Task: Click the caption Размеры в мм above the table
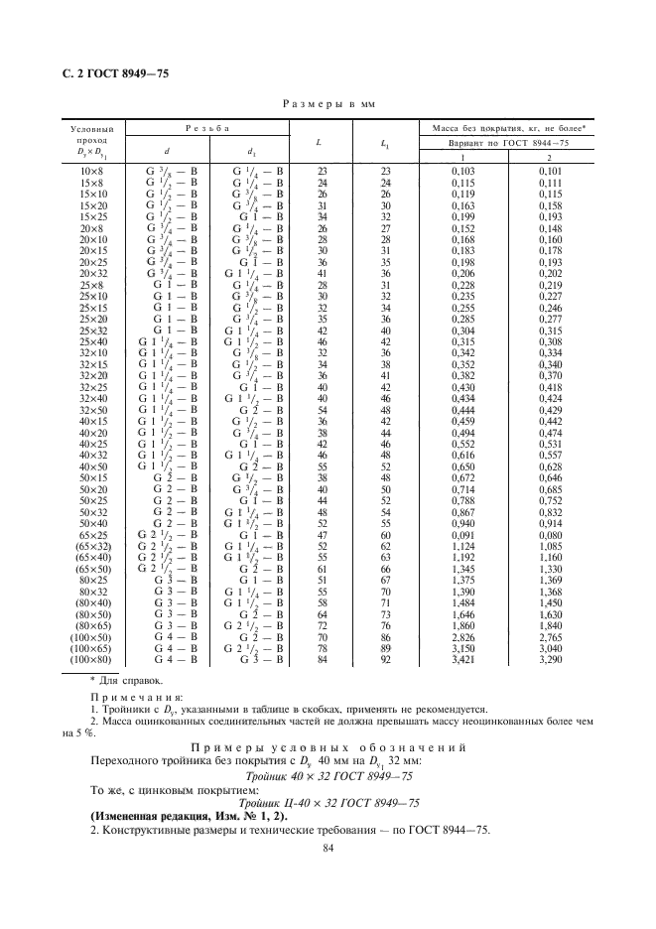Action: [x=328, y=103]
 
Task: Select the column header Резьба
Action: [x=207, y=129]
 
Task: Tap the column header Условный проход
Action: [x=94, y=135]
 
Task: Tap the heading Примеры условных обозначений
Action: [x=328, y=746]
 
